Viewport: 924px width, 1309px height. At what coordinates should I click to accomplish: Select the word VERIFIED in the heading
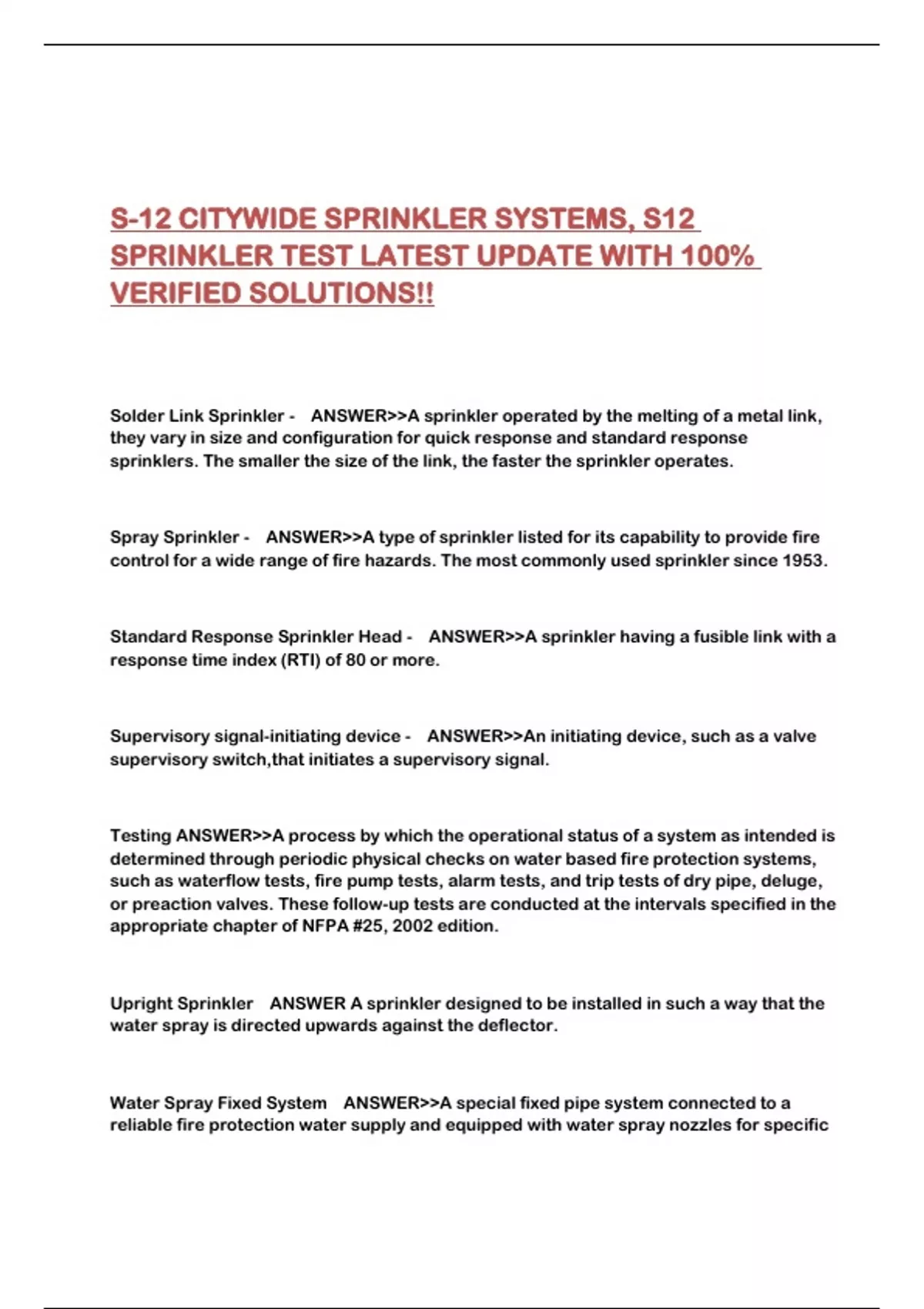coord(175,293)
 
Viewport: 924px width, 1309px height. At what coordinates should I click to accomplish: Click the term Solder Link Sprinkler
coord(196,416)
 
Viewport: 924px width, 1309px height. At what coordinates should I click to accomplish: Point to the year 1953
coord(803,561)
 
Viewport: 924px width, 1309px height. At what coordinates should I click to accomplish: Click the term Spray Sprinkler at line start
coord(174,537)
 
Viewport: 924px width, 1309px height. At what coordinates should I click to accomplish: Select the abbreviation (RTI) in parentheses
coord(299,660)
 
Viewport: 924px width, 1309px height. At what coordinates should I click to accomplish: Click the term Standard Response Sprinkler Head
coord(256,637)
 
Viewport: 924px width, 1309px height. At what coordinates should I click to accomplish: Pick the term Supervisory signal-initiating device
coord(255,736)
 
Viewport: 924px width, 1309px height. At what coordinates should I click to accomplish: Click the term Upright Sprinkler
coord(181,1004)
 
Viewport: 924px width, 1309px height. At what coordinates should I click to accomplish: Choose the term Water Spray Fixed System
coord(218,1103)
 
